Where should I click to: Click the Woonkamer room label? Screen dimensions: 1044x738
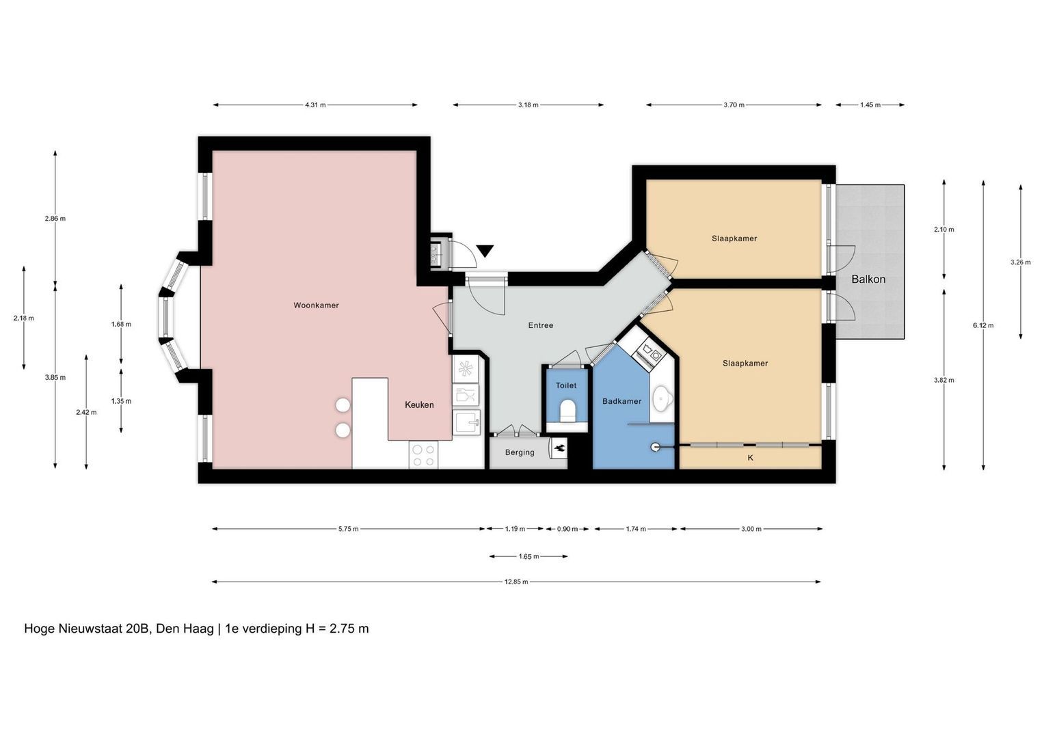pyautogui.click(x=316, y=305)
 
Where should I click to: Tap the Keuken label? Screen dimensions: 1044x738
pyautogui.click(x=419, y=405)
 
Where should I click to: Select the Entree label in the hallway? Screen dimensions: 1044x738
pyautogui.click(x=541, y=325)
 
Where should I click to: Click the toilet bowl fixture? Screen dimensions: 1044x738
pyautogui.click(x=567, y=410)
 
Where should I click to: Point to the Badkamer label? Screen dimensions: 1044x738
pyautogui.click(x=621, y=401)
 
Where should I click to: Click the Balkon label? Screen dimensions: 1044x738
pyautogui.click(x=868, y=279)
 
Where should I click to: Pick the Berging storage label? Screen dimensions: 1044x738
pyautogui.click(x=520, y=452)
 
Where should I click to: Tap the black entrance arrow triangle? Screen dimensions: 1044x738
pyautogui.click(x=485, y=251)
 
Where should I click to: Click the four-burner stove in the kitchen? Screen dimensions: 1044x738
pyautogui.click(x=423, y=454)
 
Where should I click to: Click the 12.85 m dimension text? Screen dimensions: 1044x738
pyautogui.click(x=516, y=582)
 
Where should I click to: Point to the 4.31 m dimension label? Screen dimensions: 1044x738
pyautogui.click(x=315, y=105)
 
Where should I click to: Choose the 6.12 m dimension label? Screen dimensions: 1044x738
pyautogui.click(x=983, y=325)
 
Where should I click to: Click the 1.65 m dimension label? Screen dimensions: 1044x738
pyautogui.click(x=528, y=556)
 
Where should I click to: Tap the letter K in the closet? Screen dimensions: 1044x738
pyautogui.click(x=751, y=458)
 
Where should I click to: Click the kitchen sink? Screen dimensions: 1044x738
pyautogui.click(x=466, y=422)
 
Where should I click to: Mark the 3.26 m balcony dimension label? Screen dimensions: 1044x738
pyautogui.click(x=1020, y=262)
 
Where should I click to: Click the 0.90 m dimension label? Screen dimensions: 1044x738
pyautogui.click(x=567, y=529)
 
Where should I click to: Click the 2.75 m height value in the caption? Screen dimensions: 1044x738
pyautogui.click(x=349, y=629)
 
